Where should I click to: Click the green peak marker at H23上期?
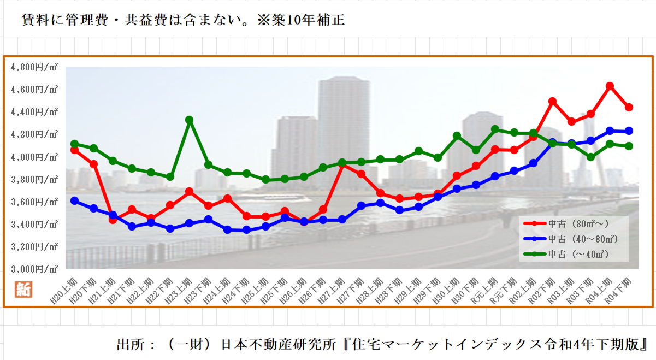coord(189,120)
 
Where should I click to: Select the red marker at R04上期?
coord(610,86)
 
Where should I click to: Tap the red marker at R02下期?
coord(552,102)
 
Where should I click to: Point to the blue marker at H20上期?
coord(74,200)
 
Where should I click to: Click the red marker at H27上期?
coord(342,164)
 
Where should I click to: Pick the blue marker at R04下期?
coord(629,131)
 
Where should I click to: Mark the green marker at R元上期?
coord(495,129)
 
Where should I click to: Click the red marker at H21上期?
coord(113,220)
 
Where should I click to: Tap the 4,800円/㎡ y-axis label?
coord(34,67)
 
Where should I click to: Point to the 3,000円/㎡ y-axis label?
coord(34,269)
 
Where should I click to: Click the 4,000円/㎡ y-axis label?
coord(34,157)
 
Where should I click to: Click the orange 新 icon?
coord(23,289)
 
